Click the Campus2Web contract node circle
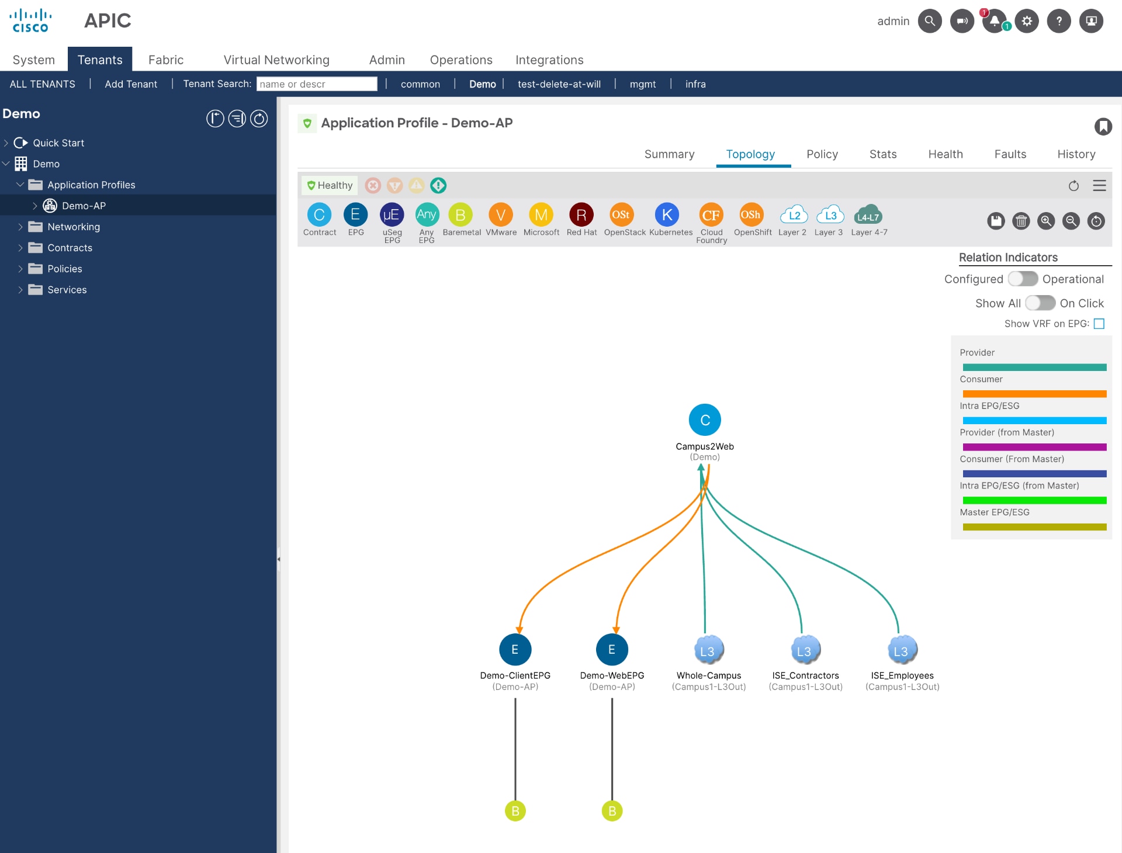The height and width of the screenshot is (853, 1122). pyautogui.click(x=705, y=420)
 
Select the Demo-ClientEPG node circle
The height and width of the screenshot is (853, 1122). pyautogui.click(x=515, y=650)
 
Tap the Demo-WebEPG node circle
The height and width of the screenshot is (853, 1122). pyautogui.click(x=612, y=650)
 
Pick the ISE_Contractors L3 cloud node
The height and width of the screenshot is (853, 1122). pyautogui.click(x=805, y=650)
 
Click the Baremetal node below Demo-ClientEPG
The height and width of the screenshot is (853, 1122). pyautogui.click(x=515, y=811)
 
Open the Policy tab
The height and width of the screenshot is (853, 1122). pyautogui.click(x=822, y=154)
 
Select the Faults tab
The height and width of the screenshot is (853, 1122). pyautogui.click(x=1010, y=154)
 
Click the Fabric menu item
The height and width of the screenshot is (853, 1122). pyautogui.click(x=165, y=60)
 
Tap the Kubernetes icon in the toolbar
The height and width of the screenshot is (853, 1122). pyautogui.click(x=667, y=215)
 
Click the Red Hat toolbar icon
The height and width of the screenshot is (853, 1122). pyautogui.click(x=581, y=215)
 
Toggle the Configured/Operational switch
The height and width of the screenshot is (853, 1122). pyautogui.click(x=1023, y=279)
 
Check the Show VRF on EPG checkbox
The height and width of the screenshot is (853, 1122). pyautogui.click(x=1099, y=324)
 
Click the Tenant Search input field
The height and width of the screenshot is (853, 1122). pyautogui.click(x=317, y=84)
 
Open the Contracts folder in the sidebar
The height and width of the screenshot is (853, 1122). pyautogui.click(x=70, y=248)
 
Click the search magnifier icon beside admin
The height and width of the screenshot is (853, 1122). pyautogui.click(x=930, y=21)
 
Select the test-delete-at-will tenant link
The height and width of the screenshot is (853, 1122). pyautogui.click(x=559, y=84)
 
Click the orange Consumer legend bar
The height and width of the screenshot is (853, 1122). pyautogui.click(x=1034, y=394)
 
